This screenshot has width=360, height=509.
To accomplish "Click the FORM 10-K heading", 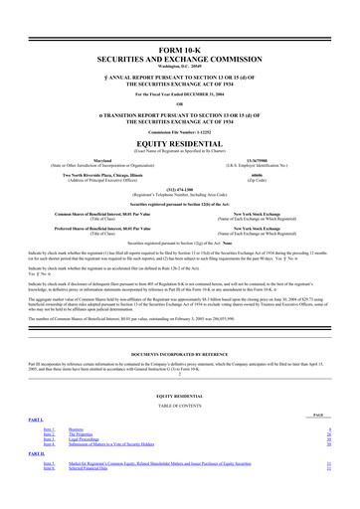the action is pyautogui.click(x=180, y=50).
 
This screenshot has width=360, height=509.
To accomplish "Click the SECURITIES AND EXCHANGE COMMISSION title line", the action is pyautogui.click(x=180, y=60).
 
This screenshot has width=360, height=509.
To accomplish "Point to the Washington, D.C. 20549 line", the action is pyautogui.click(x=180, y=68).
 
